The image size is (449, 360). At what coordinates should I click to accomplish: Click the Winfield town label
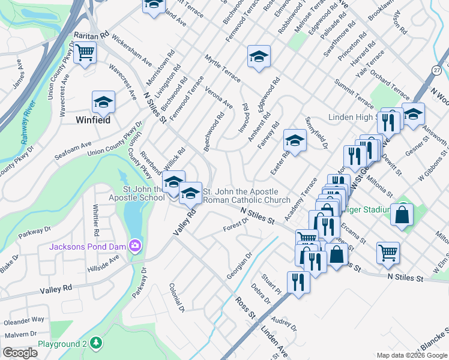coord(93,120)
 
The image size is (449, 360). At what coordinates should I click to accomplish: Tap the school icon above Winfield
coord(103,103)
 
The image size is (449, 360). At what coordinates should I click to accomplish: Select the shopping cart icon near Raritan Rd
coord(85,53)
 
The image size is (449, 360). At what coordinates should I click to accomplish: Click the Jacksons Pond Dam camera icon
coord(136,245)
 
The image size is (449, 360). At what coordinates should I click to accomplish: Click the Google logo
coord(20,352)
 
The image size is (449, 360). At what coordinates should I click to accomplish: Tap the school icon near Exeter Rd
coord(295,140)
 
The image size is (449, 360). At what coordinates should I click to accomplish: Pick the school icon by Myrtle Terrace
coord(259,56)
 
